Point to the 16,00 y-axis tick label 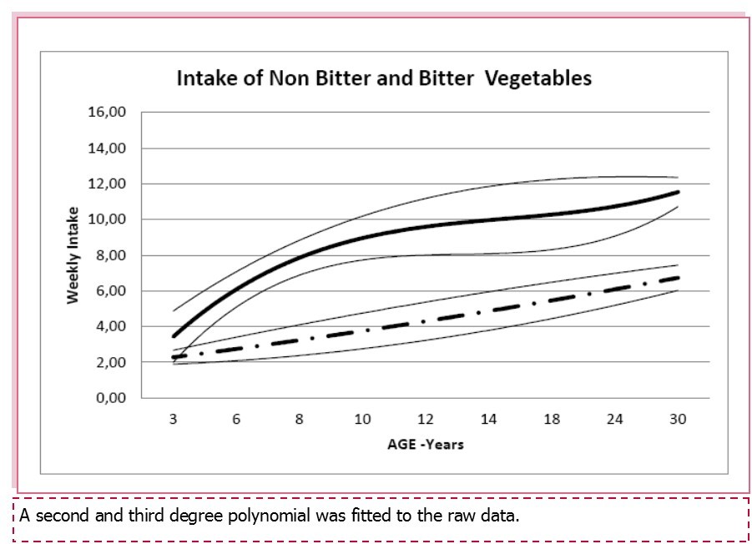[107, 112]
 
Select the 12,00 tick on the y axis [107, 184]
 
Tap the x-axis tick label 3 [173, 420]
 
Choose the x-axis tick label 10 [362, 420]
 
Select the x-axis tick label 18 [552, 420]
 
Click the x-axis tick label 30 [678, 420]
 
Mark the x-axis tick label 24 [615, 420]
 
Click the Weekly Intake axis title [73, 255]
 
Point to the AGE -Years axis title [425, 444]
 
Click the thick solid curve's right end [678, 193]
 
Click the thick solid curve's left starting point [174, 336]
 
